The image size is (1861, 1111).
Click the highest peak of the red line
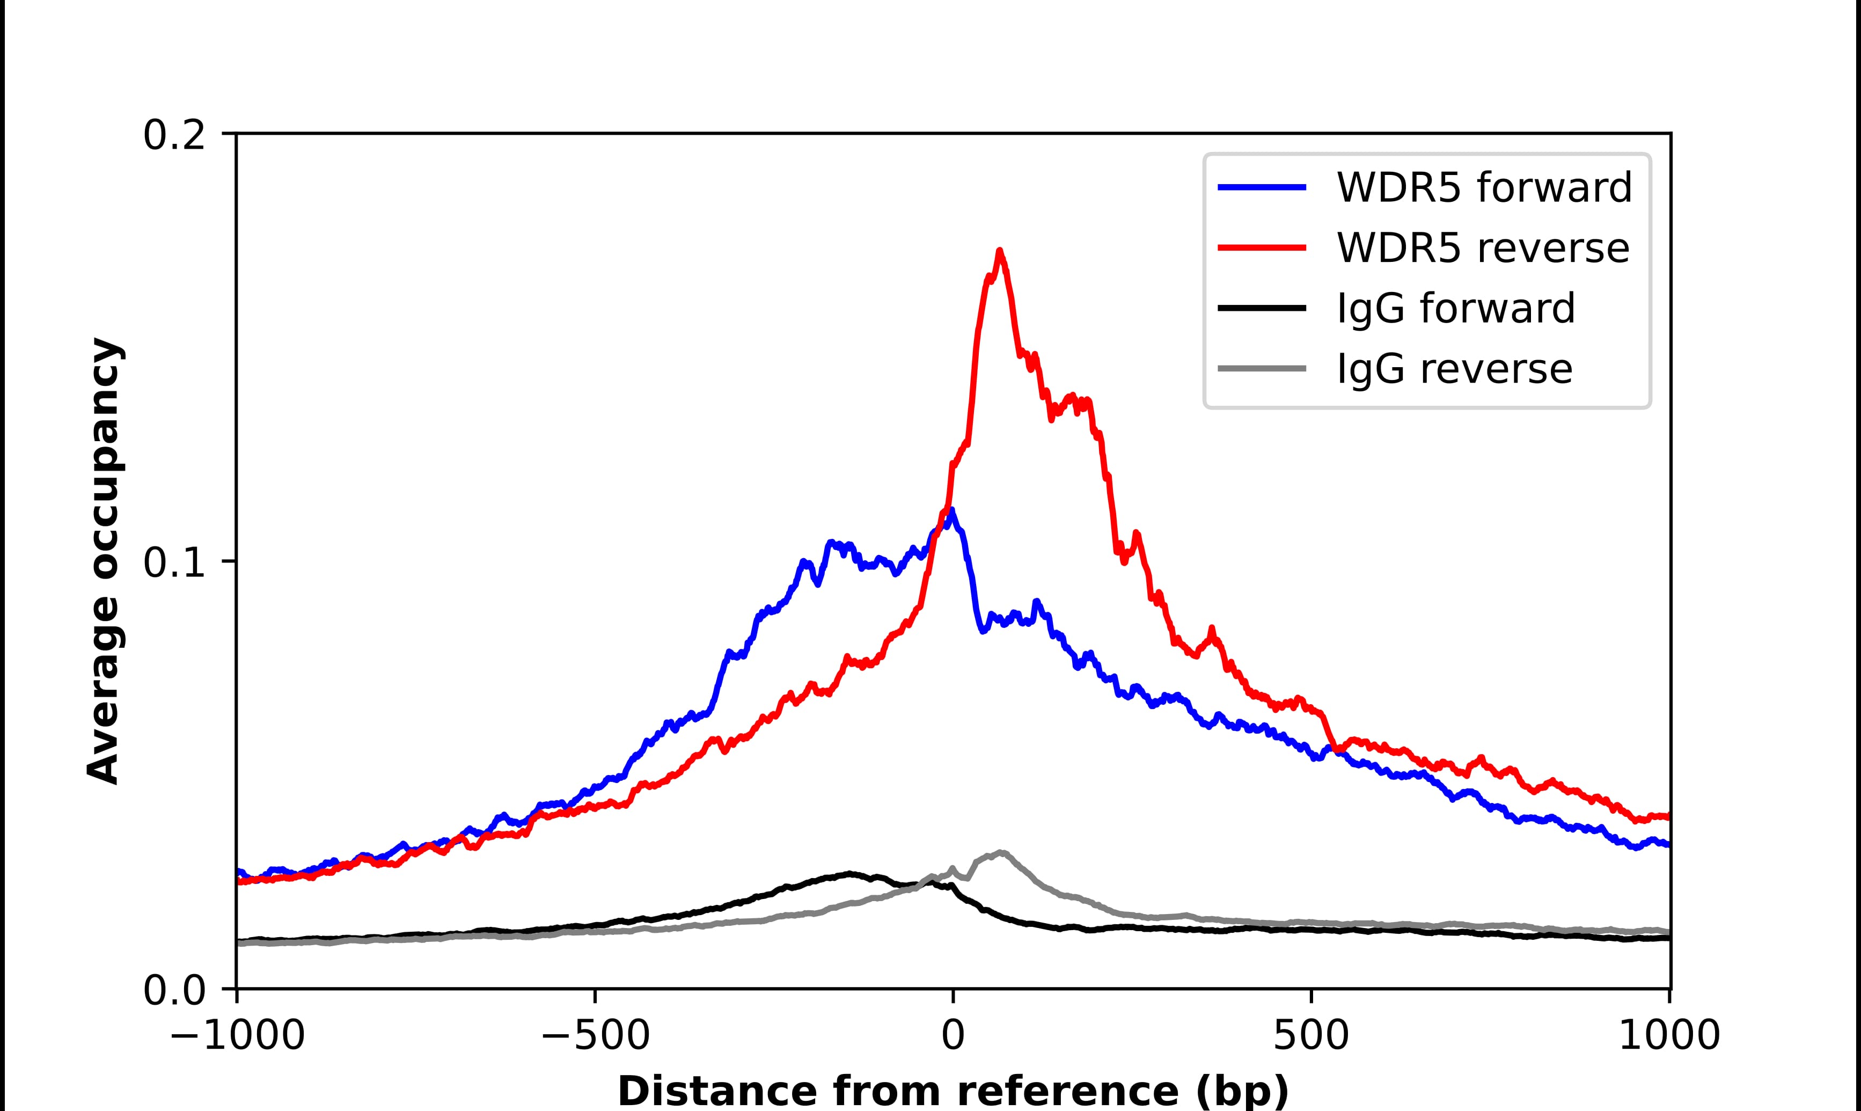999,252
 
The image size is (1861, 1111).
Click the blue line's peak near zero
950,511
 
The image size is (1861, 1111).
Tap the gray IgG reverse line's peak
1000,853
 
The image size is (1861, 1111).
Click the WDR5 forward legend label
1484,187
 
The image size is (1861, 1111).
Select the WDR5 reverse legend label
1482,248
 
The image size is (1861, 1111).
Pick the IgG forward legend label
1455,309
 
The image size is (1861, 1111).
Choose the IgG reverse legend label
1454,369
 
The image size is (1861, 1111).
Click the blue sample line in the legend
1262,187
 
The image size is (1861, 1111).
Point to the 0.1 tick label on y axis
174,563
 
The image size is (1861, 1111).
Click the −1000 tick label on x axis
237,1037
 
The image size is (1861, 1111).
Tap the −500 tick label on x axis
595,1037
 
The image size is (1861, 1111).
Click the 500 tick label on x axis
1311,1037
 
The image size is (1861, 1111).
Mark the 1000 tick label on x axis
1669,1037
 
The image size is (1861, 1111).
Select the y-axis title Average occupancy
103,561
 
